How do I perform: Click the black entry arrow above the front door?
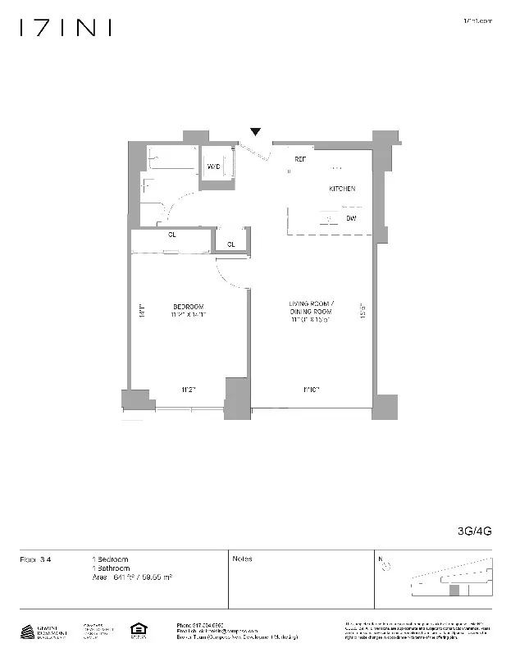(256, 132)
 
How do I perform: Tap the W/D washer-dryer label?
(213, 167)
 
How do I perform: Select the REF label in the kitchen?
(300, 158)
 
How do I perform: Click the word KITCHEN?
(342, 189)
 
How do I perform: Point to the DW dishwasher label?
(350, 219)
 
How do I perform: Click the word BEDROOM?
(188, 307)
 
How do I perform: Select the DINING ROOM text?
(310, 313)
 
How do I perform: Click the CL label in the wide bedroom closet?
(172, 235)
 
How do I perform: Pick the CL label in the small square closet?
(231, 244)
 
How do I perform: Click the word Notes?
(243, 559)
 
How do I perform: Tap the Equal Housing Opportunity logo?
(136, 630)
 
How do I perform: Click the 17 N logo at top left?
(66, 28)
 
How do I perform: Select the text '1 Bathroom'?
(111, 568)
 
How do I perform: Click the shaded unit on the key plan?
(453, 589)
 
